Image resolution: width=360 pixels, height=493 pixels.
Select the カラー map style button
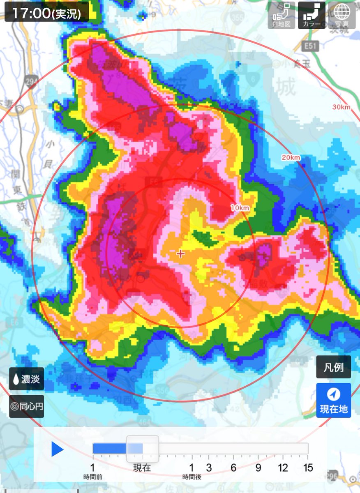tap(312, 16)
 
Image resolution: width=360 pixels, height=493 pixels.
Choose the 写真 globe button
tap(342, 16)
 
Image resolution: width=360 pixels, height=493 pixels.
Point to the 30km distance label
tap(342, 108)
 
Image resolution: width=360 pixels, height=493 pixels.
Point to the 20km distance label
tap(291, 158)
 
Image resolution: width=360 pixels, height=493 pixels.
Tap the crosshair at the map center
tap(180, 253)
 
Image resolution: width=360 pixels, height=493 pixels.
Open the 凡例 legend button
tap(333, 367)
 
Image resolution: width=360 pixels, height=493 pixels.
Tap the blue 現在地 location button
tap(333, 400)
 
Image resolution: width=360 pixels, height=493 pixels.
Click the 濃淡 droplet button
tap(26, 379)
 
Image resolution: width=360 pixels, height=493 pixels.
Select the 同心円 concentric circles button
tap(26, 406)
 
